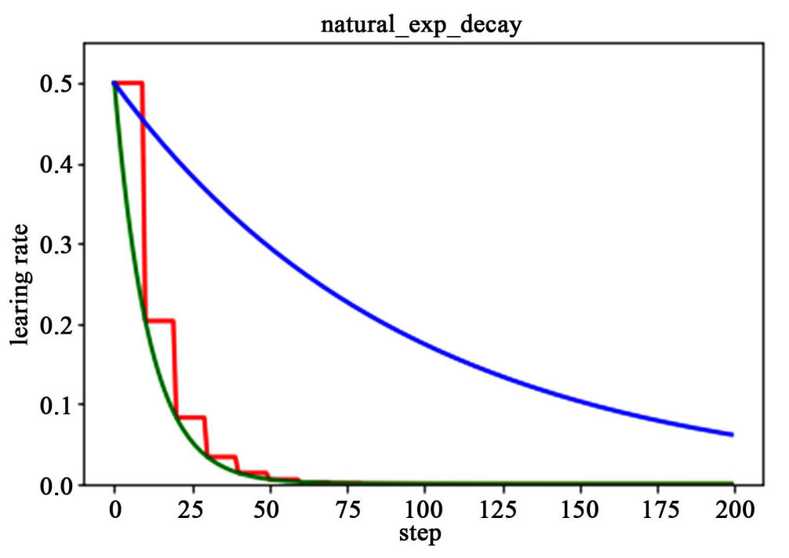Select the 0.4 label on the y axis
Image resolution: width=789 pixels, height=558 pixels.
coord(56,164)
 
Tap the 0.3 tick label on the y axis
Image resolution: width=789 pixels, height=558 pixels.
coord(56,244)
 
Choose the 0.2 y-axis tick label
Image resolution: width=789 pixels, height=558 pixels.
coord(56,325)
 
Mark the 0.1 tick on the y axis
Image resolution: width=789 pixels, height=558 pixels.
coord(56,405)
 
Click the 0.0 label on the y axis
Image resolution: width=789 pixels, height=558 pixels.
coord(56,485)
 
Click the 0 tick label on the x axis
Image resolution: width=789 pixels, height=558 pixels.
coord(115,511)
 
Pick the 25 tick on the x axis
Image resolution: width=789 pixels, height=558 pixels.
coord(191,511)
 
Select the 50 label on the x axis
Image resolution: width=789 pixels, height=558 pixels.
coord(269,511)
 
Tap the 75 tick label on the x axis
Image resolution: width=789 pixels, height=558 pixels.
coord(347,511)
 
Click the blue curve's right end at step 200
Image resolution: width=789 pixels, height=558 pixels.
coord(732,434)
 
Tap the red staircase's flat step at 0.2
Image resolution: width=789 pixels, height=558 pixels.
coord(159,321)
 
